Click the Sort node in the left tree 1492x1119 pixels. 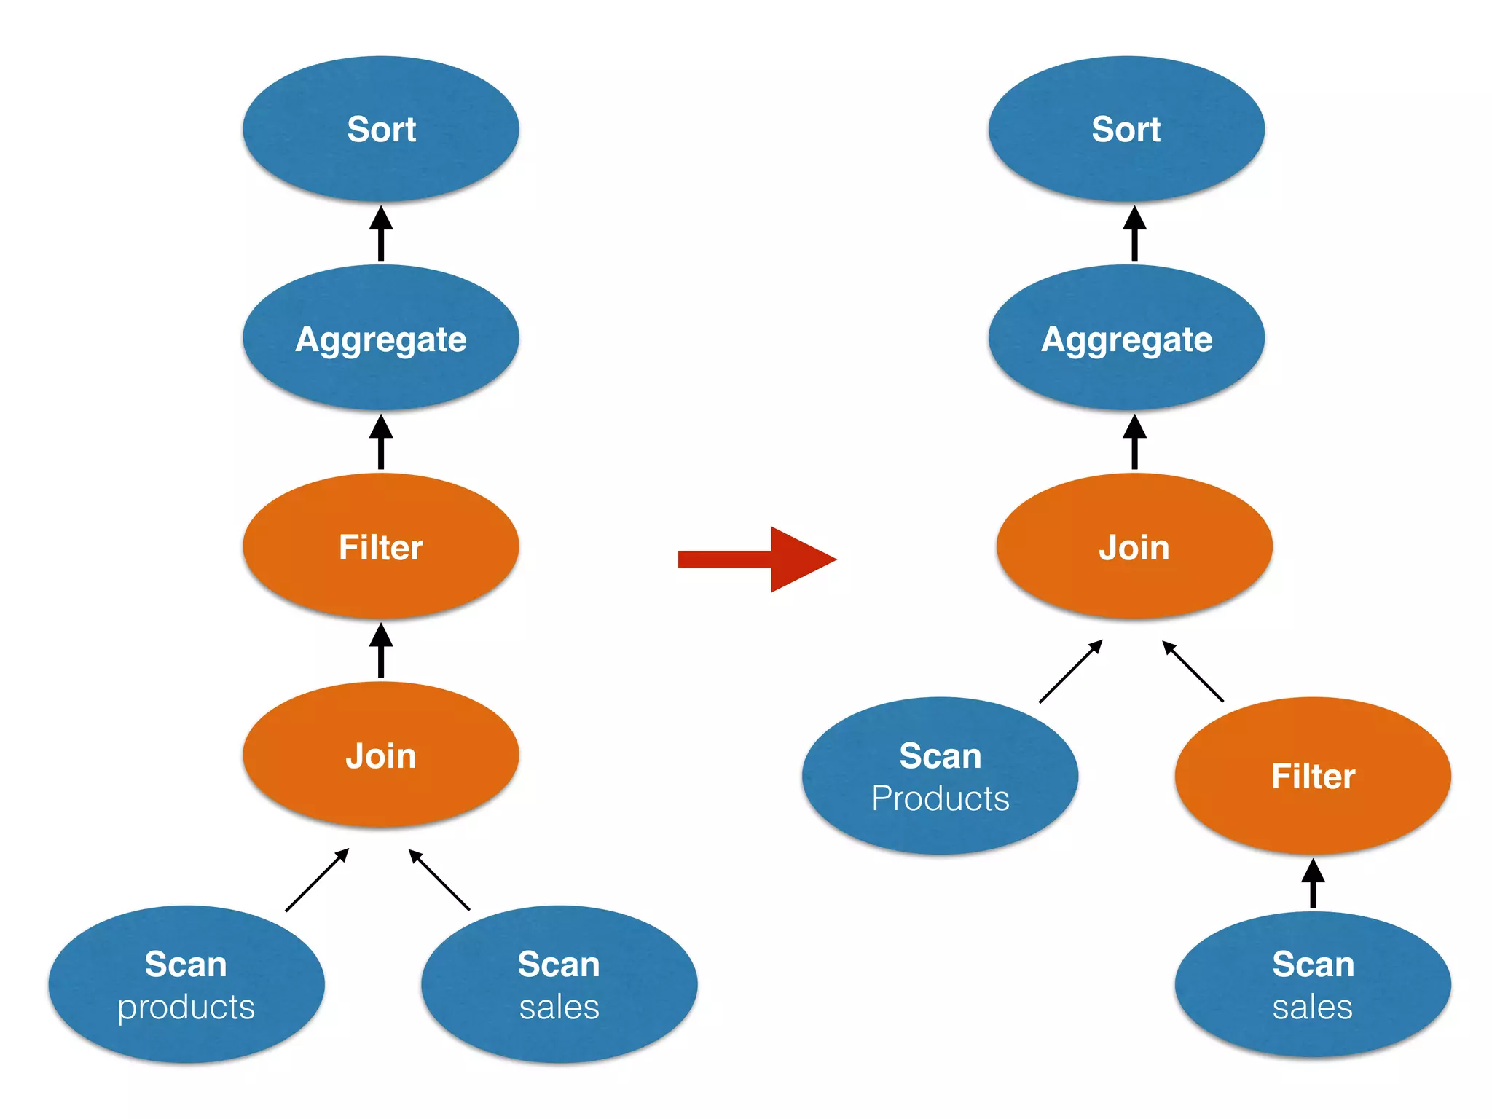click(380, 129)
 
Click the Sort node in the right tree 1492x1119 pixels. click(1126, 129)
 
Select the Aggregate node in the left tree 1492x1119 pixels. click(380, 338)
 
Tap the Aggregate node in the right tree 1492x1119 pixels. click(1126, 338)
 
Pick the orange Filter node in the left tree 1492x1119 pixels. click(380, 546)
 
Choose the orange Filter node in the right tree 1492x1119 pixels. click(1312, 775)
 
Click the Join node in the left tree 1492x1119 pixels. click(380, 755)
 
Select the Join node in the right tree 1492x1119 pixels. click(1134, 546)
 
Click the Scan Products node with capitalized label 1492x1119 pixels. click(940, 775)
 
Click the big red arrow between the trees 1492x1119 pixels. click(758, 559)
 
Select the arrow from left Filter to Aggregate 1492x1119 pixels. click(380, 441)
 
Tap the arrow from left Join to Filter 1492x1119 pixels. click(380, 650)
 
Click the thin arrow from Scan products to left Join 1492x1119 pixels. click(318, 880)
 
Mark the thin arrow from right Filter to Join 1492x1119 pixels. click(1193, 671)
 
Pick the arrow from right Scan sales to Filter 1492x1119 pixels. click(1312, 884)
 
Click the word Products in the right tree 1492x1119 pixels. click(940, 798)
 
